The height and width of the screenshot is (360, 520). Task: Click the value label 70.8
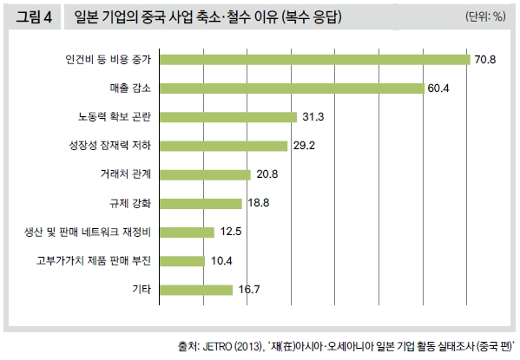point(484,60)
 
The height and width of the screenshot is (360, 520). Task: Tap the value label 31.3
point(311,117)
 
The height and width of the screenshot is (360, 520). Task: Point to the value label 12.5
point(228,232)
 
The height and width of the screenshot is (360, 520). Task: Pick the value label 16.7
point(247,289)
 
